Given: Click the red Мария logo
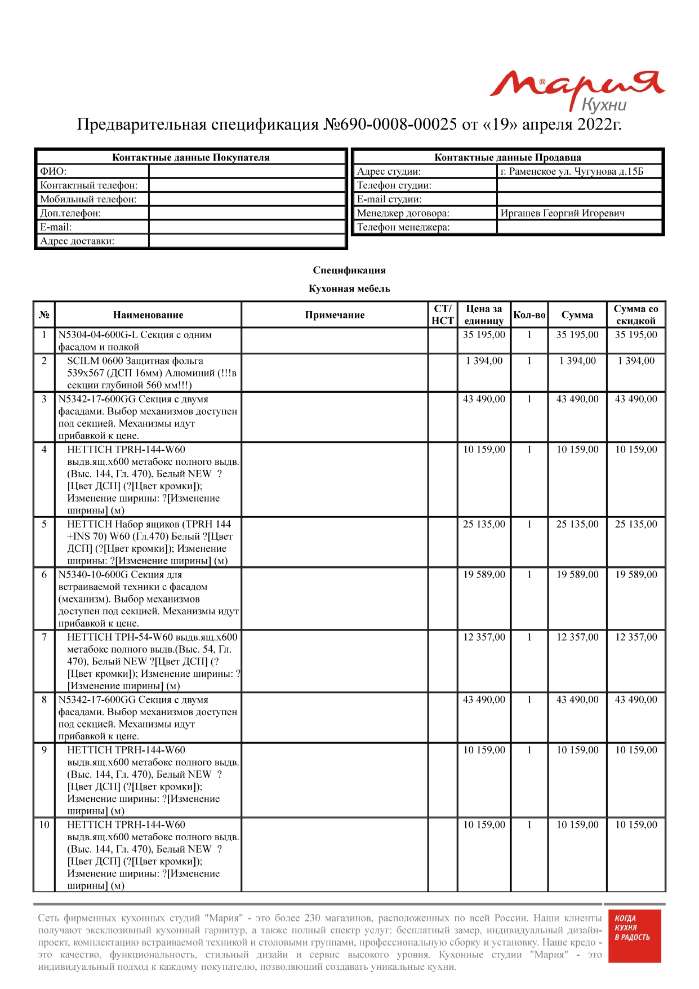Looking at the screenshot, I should (x=577, y=90).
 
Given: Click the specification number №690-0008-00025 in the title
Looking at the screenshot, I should (x=390, y=125).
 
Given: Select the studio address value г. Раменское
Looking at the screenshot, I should (x=571, y=171).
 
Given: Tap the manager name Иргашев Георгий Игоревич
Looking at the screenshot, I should (x=562, y=213).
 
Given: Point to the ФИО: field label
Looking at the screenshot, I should (x=53, y=171).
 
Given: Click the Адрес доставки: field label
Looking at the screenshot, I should (x=77, y=241).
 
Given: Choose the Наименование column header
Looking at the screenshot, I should (x=148, y=315).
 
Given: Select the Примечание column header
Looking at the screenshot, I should (x=335, y=315).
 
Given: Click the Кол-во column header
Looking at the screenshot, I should (x=529, y=315).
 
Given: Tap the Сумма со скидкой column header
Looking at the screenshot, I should (x=636, y=315).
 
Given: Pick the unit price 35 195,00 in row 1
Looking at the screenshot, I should (x=484, y=335).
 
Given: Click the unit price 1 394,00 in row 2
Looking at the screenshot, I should (x=484, y=361).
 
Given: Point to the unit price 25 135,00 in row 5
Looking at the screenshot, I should (x=484, y=524).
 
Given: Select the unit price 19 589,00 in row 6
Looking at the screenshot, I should (x=484, y=575).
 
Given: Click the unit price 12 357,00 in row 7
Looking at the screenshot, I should (x=484, y=637).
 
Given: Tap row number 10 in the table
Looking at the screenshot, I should (x=44, y=825).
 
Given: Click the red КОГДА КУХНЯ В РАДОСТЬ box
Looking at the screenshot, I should (x=634, y=935).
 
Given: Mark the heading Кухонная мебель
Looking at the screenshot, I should (x=349, y=289).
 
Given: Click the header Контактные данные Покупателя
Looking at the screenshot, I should (x=191, y=158).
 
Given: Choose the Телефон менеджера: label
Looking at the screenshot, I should (x=403, y=227).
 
